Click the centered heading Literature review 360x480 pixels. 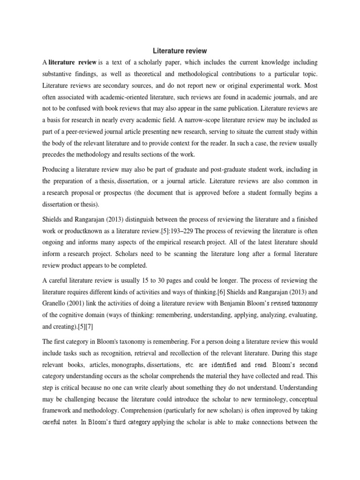pyautogui.click(x=180, y=51)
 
